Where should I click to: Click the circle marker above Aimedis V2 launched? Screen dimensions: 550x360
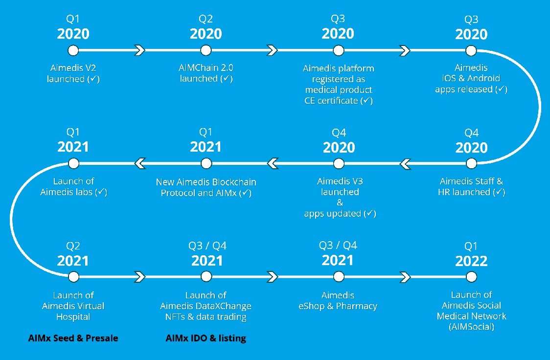pyautogui.click(x=73, y=50)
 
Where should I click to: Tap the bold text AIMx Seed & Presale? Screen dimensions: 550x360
pyautogui.click(x=73, y=338)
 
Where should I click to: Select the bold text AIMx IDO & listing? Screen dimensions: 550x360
pyautogui.click(x=206, y=338)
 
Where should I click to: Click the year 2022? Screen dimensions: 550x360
pyautogui.click(x=471, y=261)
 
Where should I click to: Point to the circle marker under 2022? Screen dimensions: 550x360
pyautogui.click(x=471, y=277)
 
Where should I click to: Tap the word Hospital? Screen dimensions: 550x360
pyautogui.click(x=73, y=317)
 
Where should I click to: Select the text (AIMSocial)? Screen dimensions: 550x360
pyautogui.click(x=471, y=327)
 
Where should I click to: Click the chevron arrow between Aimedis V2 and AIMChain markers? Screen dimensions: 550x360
pyautogui.click(x=139, y=50)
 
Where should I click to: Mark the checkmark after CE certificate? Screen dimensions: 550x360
pyautogui.click(x=367, y=101)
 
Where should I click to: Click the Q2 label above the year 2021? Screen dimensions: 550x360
pyautogui.click(x=73, y=246)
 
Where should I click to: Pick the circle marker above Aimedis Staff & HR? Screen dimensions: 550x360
pyautogui.click(x=471, y=163)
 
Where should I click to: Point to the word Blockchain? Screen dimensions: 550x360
pyautogui.click(x=234, y=182)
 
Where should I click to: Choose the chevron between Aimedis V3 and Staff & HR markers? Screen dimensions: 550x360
pyautogui.click(x=405, y=163)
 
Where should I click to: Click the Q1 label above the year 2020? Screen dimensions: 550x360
pyautogui.click(x=73, y=19)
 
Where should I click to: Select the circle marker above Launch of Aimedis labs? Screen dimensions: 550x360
pyautogui.click(x=73, y=163)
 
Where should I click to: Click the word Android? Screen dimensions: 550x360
pyautogui.click(x=483, y=78)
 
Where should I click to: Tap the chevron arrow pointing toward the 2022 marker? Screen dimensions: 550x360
pyautogui.click(x=405, y=277)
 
